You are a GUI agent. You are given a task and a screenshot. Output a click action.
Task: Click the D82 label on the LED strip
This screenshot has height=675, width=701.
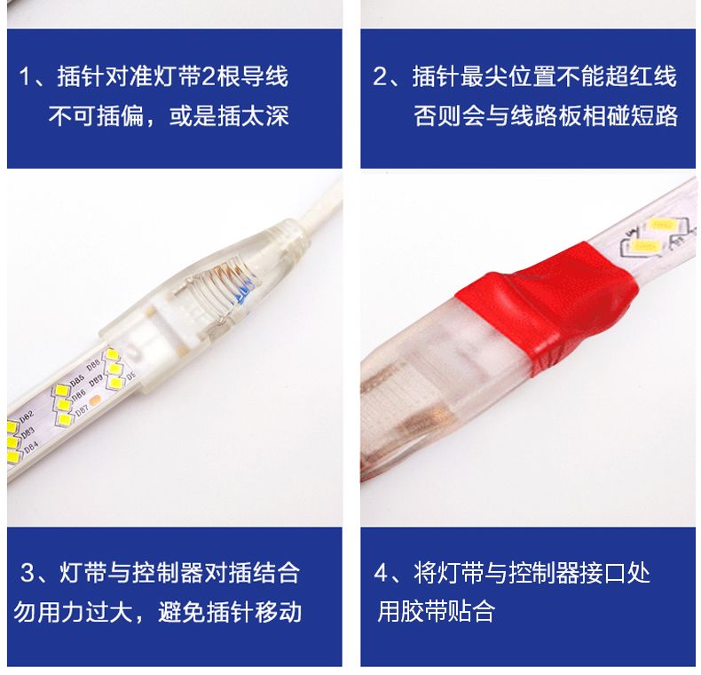click(28, 417)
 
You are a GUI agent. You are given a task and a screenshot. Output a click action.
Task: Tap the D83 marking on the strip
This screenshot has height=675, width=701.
click(28, 433)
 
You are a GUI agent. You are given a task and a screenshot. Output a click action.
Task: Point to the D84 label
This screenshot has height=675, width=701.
click(31, 447)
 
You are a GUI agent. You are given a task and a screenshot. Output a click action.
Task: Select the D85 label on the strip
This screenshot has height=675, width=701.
click(77, 381)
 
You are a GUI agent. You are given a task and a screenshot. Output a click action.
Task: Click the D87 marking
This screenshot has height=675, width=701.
click(82, 410)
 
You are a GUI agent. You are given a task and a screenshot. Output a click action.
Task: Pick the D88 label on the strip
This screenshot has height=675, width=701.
click(93, 364)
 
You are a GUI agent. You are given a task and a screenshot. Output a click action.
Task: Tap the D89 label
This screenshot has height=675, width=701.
click(96, 381)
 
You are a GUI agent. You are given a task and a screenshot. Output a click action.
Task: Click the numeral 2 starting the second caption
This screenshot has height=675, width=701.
click(380, 76)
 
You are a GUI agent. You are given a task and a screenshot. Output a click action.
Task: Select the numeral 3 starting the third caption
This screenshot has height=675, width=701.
click(28, 573)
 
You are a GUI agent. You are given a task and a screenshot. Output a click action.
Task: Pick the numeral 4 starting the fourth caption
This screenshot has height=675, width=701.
click(381, 573)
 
